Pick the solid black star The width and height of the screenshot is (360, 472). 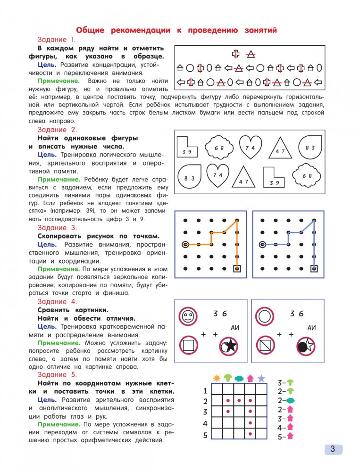click(x=230, y=347)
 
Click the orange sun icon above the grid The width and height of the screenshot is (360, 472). click(x=217, y=378)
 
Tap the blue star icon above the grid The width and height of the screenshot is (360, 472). click(x=261, y=378)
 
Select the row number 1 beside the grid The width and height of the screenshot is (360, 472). click(x=205, y=390)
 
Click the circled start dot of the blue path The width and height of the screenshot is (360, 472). click(x=262, y=244)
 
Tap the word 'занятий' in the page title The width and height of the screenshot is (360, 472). click(x=259, y=30)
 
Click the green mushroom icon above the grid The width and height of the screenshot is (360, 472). click(x=228, y=378)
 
